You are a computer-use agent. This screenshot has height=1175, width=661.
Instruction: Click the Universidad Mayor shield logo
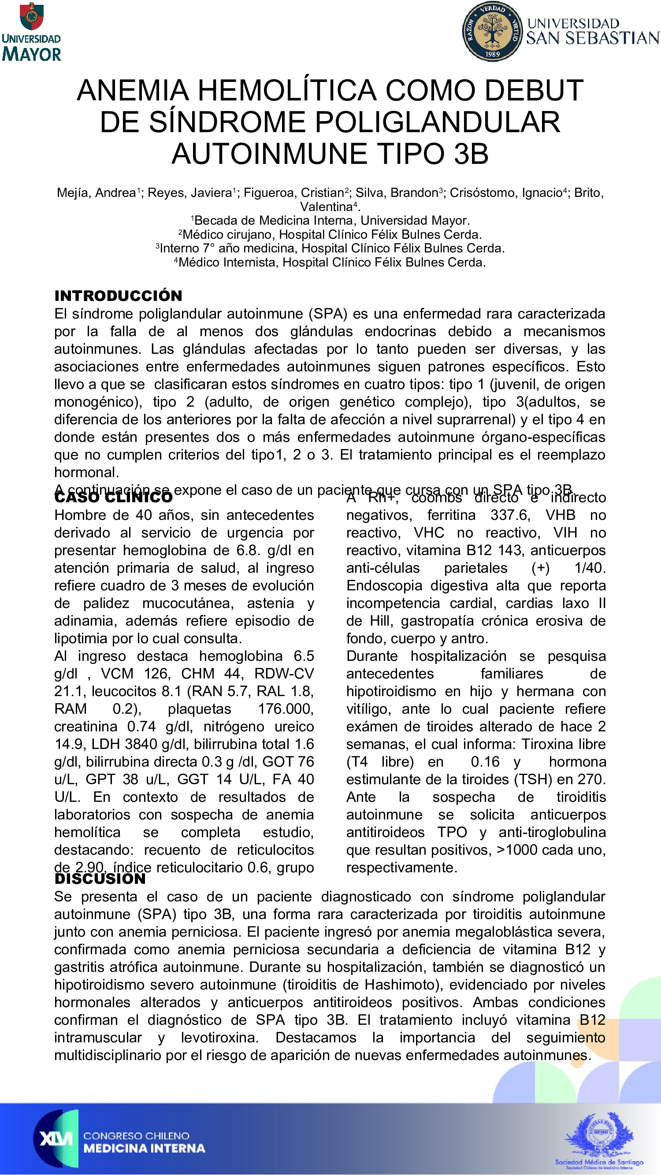31,16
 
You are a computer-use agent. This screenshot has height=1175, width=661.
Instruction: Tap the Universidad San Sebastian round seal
492,31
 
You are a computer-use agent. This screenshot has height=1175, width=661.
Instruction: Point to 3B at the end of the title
471,153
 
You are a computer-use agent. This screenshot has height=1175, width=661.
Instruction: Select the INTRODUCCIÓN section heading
118,296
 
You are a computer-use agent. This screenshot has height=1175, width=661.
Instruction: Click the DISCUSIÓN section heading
100,878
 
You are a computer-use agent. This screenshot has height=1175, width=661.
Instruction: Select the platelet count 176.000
286,709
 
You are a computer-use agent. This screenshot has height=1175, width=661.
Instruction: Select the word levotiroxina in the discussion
219,1038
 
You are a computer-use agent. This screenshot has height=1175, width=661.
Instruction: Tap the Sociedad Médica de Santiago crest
599,1136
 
